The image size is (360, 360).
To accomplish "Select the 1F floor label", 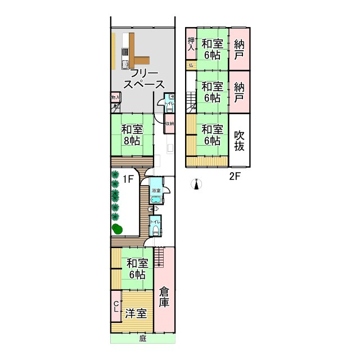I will coord(128,179).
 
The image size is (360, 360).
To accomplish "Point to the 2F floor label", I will coord(235,176).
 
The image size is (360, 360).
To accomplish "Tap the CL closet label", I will coord(116,307).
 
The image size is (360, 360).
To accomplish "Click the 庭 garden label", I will coord(142,339).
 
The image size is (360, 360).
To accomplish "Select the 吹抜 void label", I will coord(240,141).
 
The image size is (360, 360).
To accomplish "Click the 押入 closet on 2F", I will coord(191,44).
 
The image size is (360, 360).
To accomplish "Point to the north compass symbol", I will coord(196,184).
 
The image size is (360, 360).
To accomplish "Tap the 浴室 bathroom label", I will coord(156,191).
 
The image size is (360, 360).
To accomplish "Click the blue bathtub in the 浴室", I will coord(156,200).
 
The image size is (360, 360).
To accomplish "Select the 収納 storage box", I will coord(169,124).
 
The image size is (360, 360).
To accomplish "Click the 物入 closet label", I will coord(115,97).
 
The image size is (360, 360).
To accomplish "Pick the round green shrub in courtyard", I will coord(117,228).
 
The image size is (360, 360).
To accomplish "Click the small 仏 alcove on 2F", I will coord(191,65).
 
